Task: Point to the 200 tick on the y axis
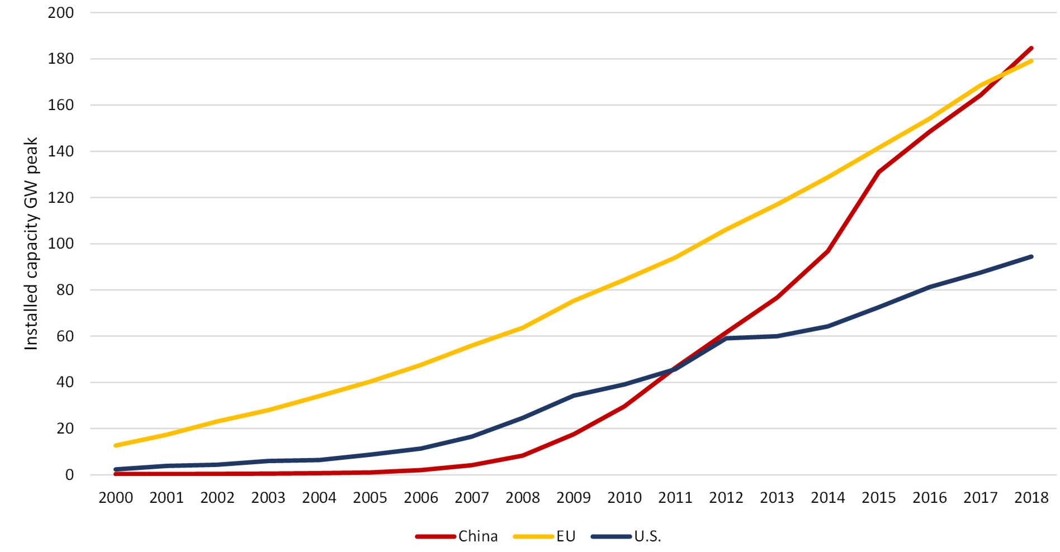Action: (61, 13)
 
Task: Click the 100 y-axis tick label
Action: (61, 244)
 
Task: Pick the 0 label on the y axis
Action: (69, 475)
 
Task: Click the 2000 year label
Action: (116, 498)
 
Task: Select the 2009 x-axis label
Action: (574, 498)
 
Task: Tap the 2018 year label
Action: (1031, 498)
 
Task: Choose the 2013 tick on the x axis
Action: (777, 498)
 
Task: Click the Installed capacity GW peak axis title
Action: (31, 244)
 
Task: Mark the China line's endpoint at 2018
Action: (1031, 48)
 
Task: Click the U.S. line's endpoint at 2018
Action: (1031, 256)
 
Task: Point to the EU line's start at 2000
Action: (116, 445)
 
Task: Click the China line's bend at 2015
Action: (878, 172)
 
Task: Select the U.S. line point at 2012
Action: (726, 338)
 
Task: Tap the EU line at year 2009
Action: (574, 301)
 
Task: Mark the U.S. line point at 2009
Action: (574, 396)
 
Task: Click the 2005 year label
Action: (370, 498)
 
